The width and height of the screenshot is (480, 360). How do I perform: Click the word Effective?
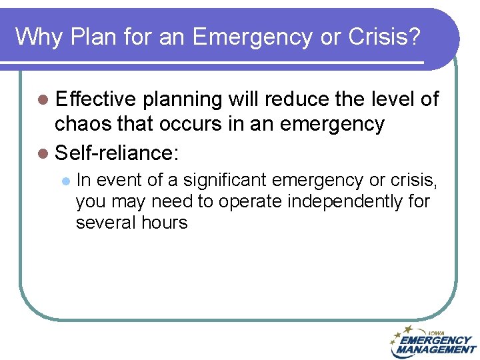(x=96, y=99)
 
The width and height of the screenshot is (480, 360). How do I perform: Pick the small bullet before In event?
(x=65, y=180)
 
